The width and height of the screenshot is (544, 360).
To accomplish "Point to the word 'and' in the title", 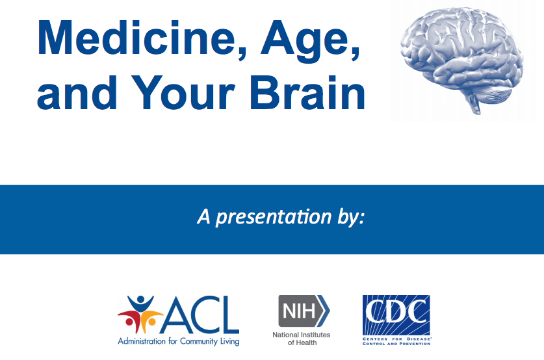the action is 77,93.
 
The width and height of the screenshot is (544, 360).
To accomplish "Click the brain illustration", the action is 461,59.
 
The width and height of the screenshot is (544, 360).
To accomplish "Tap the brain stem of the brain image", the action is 474,104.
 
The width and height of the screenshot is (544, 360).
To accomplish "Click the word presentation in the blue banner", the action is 274,218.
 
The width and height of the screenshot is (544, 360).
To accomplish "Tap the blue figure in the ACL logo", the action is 140,304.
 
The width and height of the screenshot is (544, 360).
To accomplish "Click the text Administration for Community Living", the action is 178,341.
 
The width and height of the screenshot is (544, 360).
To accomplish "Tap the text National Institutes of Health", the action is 302,339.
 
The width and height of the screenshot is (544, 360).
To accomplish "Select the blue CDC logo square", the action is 396,315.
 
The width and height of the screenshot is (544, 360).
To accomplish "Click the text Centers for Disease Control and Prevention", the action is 396,341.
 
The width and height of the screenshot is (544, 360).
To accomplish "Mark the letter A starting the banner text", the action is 204,217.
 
